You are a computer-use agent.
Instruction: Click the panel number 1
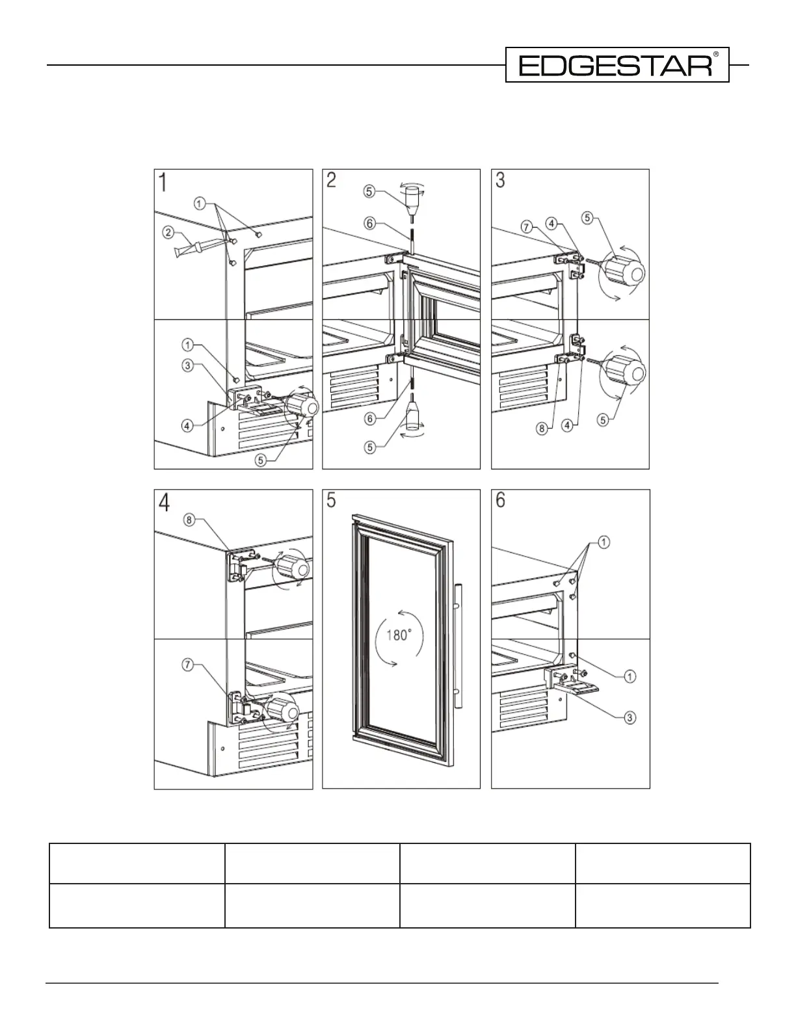click(x=164, y=181)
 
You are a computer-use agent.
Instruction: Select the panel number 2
click(x=332, y=180)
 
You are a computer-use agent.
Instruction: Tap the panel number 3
click(x=500, y=180)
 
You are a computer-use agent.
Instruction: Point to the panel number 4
click(x=165, y=502)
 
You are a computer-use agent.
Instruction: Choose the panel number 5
click(x=332, y=501)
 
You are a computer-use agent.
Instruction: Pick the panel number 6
click(x=500, y=501)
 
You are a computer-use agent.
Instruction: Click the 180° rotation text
click(x=399, y=635)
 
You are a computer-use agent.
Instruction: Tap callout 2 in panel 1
click(x=168, y=231)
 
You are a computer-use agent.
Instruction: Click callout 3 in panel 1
click(x=188, y=365)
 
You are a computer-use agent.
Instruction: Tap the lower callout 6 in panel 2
click(x=369, y=418)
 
